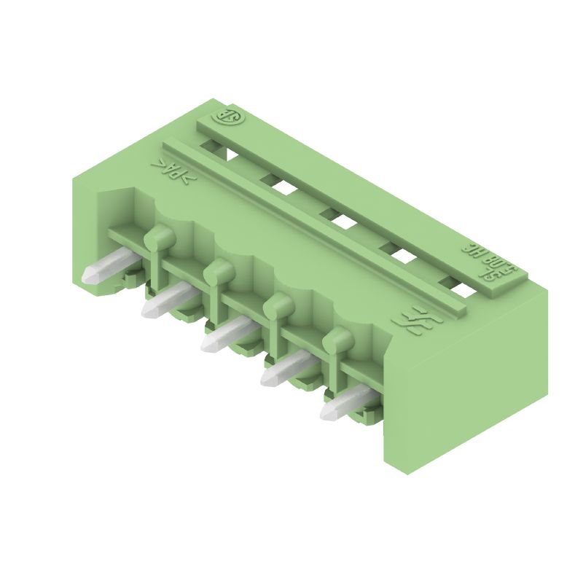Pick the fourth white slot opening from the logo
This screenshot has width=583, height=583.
click(x=402, y=256)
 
